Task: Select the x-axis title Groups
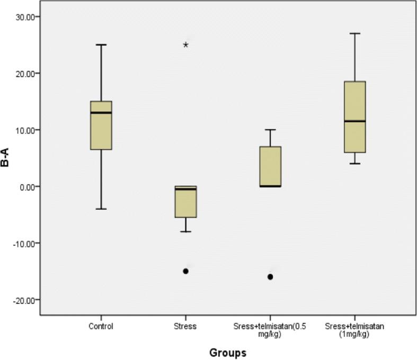227,352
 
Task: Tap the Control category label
101,327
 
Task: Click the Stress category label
185,327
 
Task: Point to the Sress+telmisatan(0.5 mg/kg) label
270,331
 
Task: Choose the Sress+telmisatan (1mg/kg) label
354,331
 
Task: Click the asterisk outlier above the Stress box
185,46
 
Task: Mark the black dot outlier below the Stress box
185,271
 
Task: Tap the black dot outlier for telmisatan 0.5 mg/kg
270,277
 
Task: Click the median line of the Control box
101,113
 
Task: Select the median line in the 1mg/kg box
354,121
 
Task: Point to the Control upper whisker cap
101,45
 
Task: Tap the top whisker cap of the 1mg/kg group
354,33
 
